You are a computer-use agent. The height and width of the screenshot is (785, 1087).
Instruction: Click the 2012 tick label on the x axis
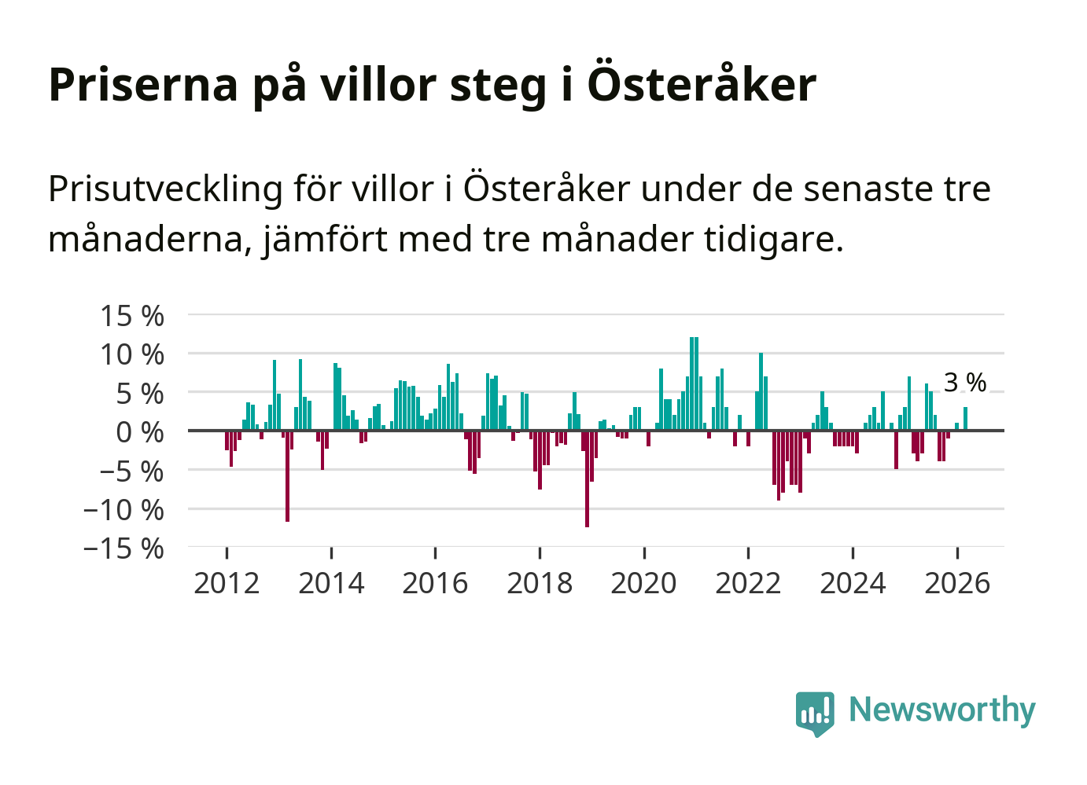click(227, 583)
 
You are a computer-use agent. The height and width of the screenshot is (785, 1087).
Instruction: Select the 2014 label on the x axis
click(331, 583)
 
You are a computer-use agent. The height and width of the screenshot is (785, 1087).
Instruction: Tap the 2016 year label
click(435, 583)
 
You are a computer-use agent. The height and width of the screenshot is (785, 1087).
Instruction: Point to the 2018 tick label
click(540, 583)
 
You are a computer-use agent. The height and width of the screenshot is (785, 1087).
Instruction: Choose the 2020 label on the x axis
click(643, 583)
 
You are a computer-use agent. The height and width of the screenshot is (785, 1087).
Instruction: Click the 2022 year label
click(748, 583)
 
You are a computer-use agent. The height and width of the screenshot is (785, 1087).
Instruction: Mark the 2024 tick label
click(853, 583)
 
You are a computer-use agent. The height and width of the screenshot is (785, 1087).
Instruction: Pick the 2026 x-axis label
click(957, 583)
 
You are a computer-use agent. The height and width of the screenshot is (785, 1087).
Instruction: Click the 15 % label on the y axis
click(132, 316)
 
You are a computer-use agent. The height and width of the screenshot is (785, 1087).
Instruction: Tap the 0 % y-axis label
click(140, 432)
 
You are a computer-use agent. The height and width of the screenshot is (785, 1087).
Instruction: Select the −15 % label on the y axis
click(123, 548)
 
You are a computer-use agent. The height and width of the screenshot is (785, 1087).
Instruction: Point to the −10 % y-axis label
click(123, 510)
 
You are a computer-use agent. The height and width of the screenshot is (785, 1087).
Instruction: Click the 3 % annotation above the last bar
click(965, 383)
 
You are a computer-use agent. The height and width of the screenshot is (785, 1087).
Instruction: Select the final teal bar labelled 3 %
click(966, 419)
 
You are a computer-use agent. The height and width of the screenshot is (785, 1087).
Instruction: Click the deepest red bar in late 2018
click(587, 479)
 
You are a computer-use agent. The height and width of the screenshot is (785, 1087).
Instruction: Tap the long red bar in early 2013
click(287, 476)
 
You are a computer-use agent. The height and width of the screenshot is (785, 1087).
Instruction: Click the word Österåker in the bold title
click(702, 84)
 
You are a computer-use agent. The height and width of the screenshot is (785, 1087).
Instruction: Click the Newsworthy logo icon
click(815, 713)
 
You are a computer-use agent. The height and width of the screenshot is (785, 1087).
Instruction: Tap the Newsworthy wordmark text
click(942, 710)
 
